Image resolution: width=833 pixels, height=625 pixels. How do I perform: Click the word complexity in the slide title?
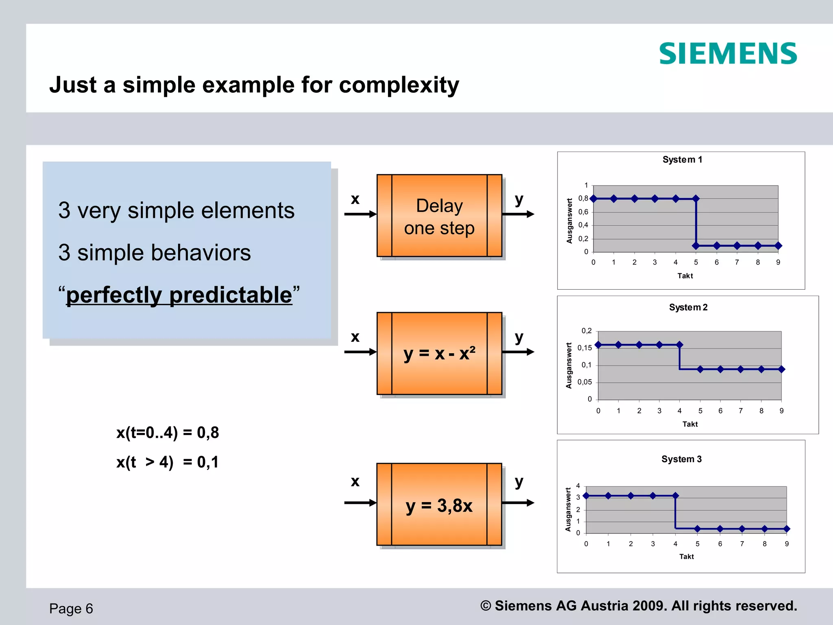pyautogui.click(x=399, y=85)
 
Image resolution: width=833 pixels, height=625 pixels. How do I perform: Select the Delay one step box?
pyautogui.click(x=439, y=216)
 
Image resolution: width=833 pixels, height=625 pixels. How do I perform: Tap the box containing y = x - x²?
pyautogui.click(x=439, y=353)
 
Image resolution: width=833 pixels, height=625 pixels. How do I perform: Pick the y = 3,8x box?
pyautogui.click(x=439, y=504)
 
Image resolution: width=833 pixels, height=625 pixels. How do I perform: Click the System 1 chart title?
pyautogui.click(x=682, y=160)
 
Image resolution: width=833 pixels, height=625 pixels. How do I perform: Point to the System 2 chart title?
pyautogui.click(x=688, y=307)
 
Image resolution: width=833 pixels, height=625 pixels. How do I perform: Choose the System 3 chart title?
pyautogui.click(x=681, y=459)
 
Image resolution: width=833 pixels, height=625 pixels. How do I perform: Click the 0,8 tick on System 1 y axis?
pyautogui.click(x=583, y=199)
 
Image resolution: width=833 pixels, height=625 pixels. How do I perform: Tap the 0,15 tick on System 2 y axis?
pyautogui.click(x=584, y=348)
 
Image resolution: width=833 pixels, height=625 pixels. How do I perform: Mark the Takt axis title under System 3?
pyautogui.click(x=686, y=556)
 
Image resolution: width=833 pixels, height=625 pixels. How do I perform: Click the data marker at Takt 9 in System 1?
pyautogui.click(x=778, y=246)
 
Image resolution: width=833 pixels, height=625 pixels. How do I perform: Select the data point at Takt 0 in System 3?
pyautogui.click(x=586, y=496)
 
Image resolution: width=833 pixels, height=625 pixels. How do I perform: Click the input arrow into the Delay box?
pyautogui.click(x=360, y=214)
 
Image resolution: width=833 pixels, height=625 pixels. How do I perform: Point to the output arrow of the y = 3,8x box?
pyautogui.click(x=518, y=503)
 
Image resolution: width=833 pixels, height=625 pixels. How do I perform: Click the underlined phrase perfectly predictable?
pyautogui.click(x=179, y=295)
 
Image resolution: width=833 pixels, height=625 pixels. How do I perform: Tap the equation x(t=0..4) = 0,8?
pyautogui.click(x=168, y=433)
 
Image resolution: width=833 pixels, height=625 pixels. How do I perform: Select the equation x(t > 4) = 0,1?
pyautogui.click(x=168, y=462)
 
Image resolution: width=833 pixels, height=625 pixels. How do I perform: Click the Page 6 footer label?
pyautogui.click(x=71, y=608)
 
